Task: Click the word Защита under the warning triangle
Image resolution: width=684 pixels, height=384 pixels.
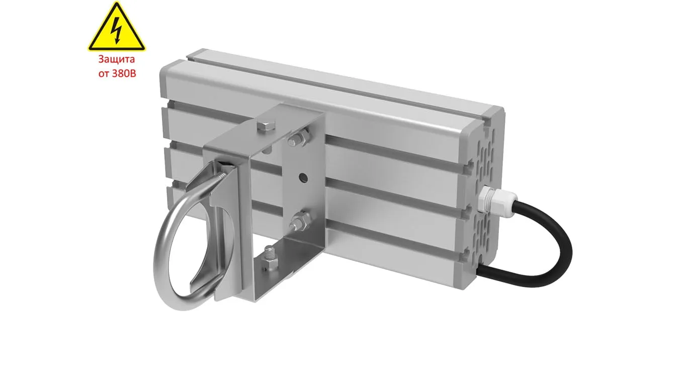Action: click(116, 59)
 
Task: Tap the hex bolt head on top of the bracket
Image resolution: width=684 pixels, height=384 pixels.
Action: click(266, 126)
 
